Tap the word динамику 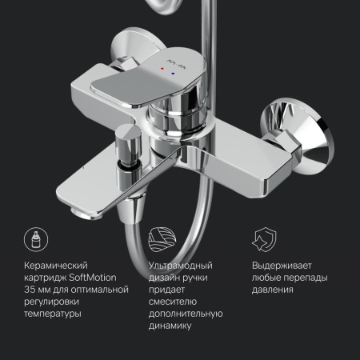[x=170, y=326]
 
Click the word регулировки [x=48, y=302]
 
